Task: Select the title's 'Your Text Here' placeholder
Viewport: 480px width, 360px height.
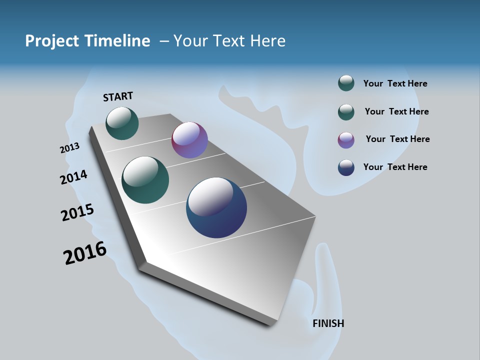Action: [x=229, y=41]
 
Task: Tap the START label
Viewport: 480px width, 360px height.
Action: [x=118, y=96]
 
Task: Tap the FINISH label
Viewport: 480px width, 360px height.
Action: [x=328, y=323]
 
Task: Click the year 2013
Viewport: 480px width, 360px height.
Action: [x=69, y=148]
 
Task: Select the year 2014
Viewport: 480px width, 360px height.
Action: [x=73, y=177]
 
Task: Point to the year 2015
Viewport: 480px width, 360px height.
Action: [x=77, y=212]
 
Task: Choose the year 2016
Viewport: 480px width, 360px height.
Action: [x=84, y=253]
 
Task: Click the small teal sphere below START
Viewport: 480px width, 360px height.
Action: [x=122, y=123]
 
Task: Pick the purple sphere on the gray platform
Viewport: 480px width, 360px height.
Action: [x=189, y=140]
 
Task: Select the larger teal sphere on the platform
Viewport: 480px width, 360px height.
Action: [x=145, y=180]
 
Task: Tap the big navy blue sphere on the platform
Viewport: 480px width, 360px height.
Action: [x=216, y=207]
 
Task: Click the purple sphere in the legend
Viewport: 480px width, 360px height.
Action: [x=346, y=140]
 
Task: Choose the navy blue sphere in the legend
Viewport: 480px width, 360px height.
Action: [x=346, y=167]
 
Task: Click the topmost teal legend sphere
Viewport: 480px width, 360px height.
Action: [x=346, y=83]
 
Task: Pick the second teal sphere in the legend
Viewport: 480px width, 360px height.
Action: [x=346, y=112]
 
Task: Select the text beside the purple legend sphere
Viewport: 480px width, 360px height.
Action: [x=397, y=139]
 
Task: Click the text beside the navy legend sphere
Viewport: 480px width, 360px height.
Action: [x=395, y=167]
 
